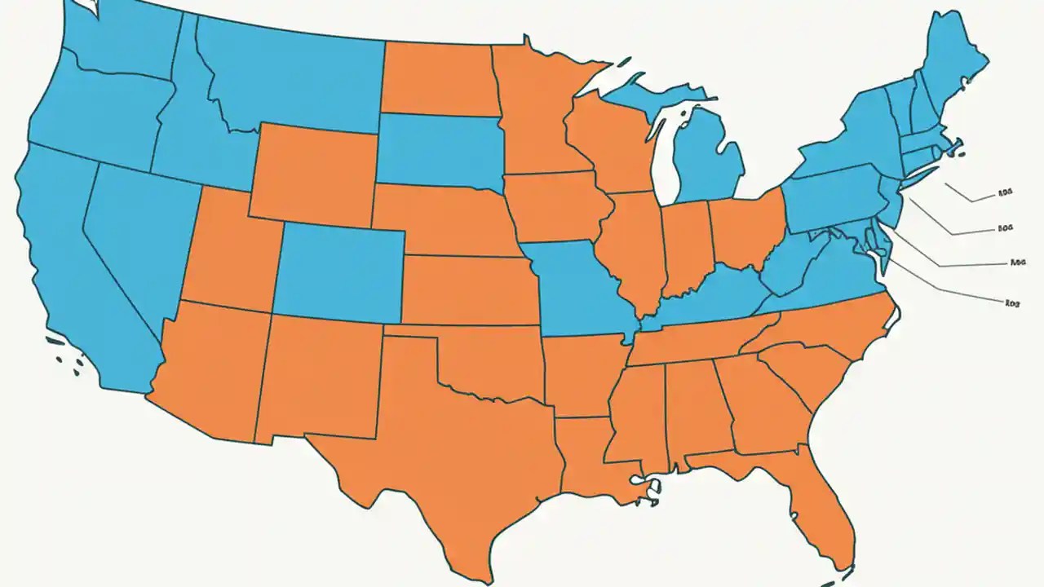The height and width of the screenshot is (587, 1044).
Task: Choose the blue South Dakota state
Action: pos(440,151)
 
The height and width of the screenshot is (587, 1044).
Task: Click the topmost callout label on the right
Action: pos(1006,195)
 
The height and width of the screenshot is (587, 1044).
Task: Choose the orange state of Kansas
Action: pos(465,289)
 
